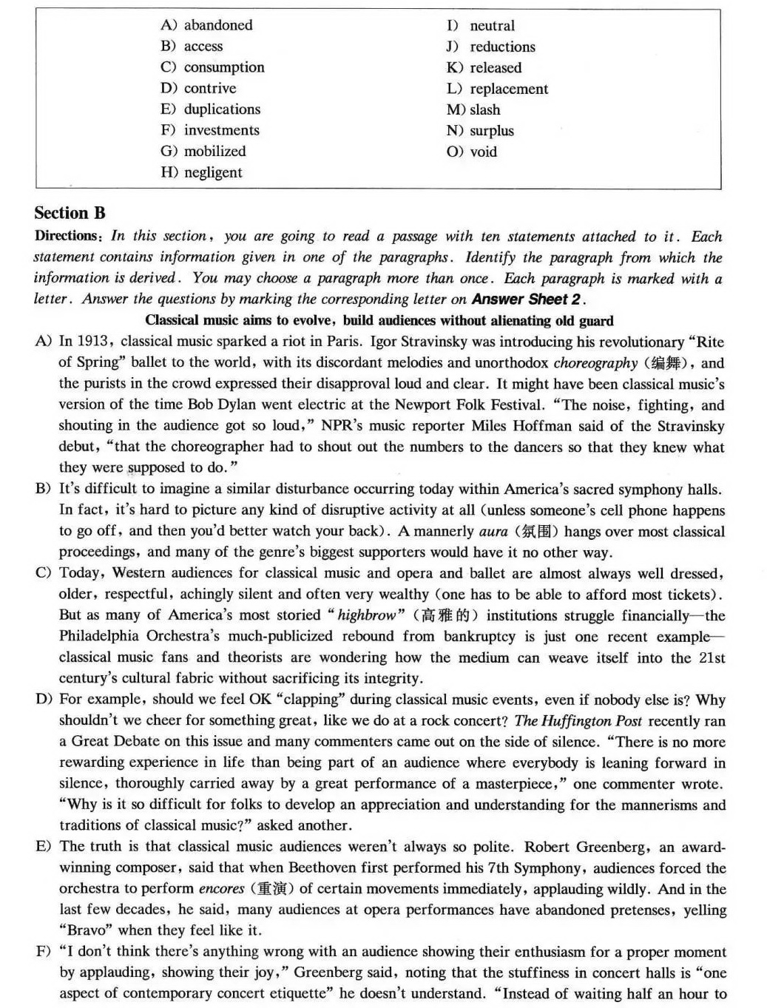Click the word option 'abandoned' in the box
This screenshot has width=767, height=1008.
[217, 25]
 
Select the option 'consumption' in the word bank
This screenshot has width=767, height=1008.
[223, 67]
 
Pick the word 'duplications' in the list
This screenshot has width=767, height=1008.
[222, 109]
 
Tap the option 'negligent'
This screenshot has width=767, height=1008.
[213, 172]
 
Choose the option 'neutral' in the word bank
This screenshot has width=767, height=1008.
[492, 26]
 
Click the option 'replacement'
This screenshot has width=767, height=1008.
[509, 89]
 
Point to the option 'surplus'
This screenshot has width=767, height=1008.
[491, 131]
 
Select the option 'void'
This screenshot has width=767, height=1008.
[483, 152]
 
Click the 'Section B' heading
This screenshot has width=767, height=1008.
[70, 213]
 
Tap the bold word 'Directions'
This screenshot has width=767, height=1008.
[69, 237]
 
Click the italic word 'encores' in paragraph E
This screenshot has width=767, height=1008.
[221, 889]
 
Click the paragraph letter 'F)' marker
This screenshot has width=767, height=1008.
[44, 952]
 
